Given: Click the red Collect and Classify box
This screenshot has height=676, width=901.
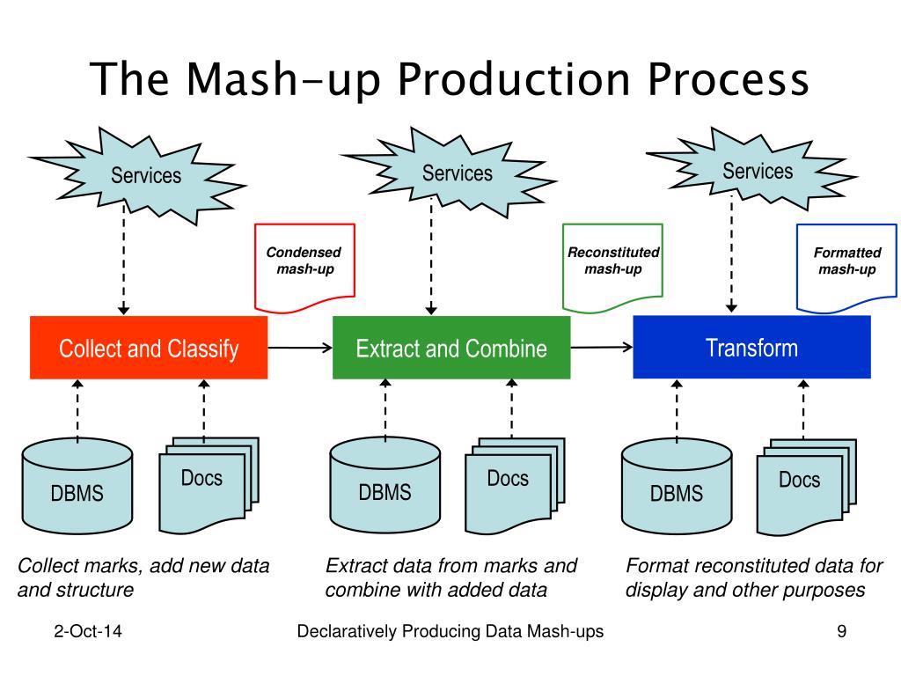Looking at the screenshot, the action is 149,347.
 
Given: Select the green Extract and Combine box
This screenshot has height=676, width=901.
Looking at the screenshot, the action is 451,347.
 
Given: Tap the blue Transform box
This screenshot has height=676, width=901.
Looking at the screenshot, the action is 751,347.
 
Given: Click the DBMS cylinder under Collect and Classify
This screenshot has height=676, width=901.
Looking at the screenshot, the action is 77,486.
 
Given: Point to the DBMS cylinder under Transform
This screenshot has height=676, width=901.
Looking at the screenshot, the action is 677,486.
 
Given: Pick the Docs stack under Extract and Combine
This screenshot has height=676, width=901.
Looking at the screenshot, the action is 515,485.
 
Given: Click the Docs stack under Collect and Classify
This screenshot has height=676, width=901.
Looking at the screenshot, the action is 209,485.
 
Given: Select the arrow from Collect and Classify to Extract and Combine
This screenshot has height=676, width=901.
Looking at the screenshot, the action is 300,347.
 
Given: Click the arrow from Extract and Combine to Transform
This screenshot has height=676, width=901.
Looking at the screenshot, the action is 602,347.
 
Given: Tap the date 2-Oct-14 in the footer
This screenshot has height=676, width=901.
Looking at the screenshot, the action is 88,631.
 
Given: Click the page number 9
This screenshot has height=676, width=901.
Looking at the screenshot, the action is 842,631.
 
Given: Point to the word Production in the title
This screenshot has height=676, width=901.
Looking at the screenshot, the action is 514,78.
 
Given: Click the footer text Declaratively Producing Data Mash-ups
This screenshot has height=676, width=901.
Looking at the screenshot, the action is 450,631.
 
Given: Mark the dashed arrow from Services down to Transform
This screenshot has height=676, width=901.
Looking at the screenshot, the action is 731,253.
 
